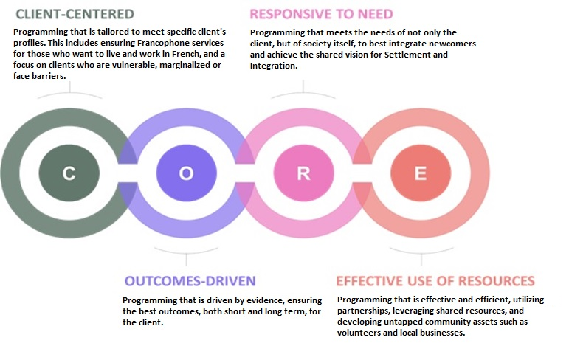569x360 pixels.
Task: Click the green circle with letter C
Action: (x=69, y=173)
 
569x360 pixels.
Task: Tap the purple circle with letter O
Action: (x=186, y=173)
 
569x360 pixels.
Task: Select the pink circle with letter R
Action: (x=303, y=173)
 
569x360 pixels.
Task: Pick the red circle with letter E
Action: (x=420, y=173)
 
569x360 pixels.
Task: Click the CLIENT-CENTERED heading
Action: (x=75, y=14)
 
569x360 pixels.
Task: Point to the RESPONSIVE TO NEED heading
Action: (x=321, y=14)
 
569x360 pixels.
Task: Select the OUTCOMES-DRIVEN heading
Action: (x=190, y=281)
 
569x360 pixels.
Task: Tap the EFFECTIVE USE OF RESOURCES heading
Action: (x=435, y=281)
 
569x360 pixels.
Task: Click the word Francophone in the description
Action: (x=142, y=44)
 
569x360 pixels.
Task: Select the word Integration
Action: (x=274, y=66)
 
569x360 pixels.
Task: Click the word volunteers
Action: (x=362, y=333)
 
